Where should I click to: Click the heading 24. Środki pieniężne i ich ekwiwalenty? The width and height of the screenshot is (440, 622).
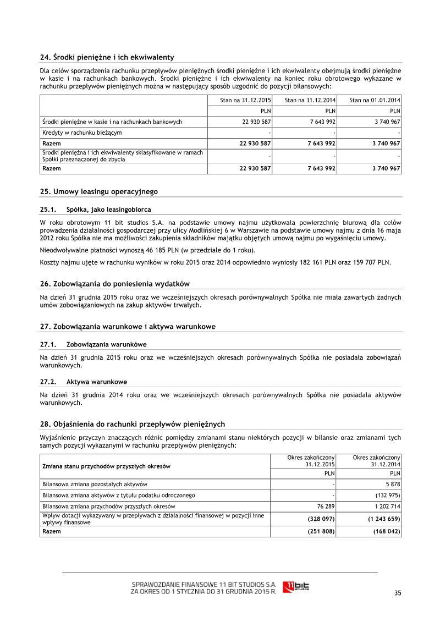[107, 57]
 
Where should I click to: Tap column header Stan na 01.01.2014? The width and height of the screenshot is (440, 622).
[375, 100]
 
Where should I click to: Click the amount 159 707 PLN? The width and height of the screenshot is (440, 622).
[370, 262]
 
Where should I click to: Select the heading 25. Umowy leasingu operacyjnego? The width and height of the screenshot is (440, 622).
[99, 191]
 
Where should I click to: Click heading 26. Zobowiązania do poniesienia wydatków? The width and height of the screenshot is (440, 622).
[115, 284]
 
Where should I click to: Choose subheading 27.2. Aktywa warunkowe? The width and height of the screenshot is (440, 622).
[84, 382]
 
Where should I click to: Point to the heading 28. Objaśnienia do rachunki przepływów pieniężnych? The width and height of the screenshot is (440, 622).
[133, 424]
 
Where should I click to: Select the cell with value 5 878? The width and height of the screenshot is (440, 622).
[392, 484]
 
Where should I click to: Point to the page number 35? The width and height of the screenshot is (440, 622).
[398, 592]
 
